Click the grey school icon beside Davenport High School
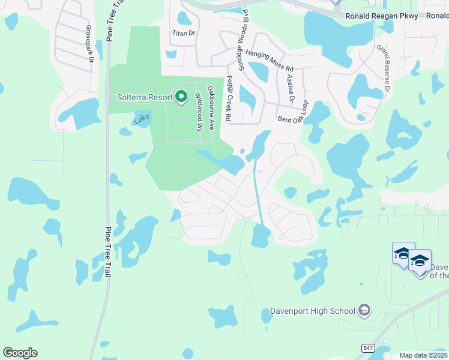tap(364, 310)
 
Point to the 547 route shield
tap(368, 347)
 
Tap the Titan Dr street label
tap(184, 34)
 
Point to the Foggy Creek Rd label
tap(228, 100)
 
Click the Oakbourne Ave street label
tap(211, 109)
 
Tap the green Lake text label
tap(142, 119)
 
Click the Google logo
tap(20, 353)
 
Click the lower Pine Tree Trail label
tap(108, 251)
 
